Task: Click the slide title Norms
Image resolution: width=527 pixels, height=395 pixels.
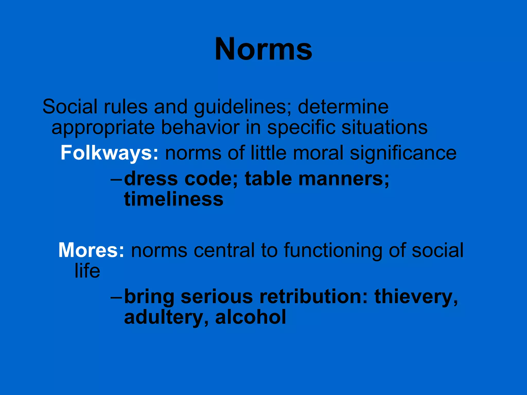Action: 263,49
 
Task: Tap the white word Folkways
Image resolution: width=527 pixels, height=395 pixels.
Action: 107,153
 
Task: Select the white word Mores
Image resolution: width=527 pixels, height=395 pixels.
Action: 88,250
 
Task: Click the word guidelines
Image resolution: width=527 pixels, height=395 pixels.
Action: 240,107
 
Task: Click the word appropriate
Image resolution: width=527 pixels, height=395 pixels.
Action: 103,128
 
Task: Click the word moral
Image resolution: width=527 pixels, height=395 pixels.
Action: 318,153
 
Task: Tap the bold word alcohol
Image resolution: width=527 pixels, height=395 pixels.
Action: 251,317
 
